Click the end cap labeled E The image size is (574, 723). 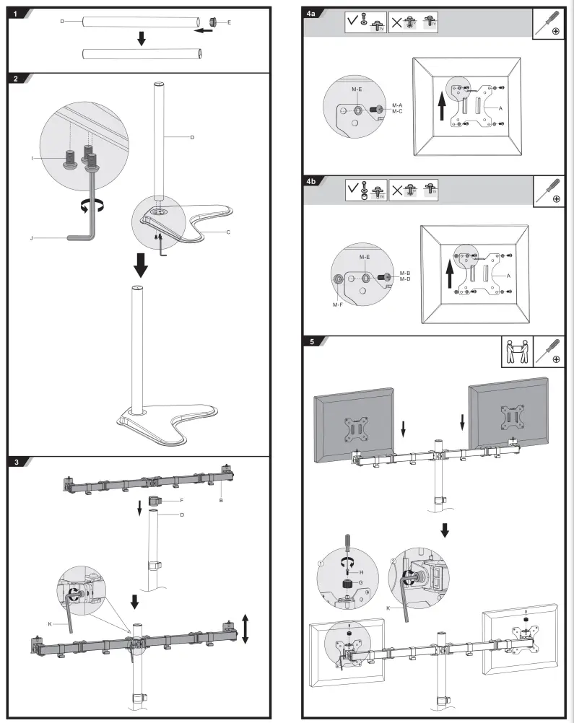[x=214, y=22]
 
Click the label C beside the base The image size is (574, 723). [x=228, y=232]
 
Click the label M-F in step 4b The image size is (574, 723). [x=338, y=304]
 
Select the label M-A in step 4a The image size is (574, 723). [x=397, y=105]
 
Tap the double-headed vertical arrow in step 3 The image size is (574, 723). [x=246, y=628]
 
